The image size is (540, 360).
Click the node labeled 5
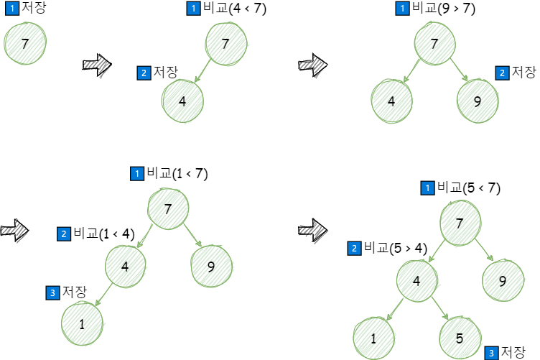(x=460, y=337)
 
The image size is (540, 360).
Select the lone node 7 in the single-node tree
(x=25, y=44)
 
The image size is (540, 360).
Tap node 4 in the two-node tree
(x=182, y=101)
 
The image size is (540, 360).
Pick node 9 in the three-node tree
(x=478, y=100)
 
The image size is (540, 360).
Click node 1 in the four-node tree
(x=82, y=324)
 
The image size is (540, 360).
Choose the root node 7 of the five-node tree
(x=460, y=222)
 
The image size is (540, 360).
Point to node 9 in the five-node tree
(x=503, y=280)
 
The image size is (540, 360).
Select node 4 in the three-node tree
(x=392, y=101)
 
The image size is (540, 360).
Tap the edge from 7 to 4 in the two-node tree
(x=205, y=73)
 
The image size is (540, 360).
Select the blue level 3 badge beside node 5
(x=491, y=353)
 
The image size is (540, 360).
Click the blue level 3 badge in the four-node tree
(x=52, y=292)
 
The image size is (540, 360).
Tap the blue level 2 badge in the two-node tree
(x=144, y=73)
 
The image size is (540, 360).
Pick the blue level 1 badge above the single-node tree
(x=12, y=8)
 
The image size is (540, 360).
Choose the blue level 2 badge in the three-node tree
(x=502, y=73)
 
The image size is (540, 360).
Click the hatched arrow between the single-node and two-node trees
(x=97, y=66)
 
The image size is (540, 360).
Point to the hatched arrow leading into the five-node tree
(x=312, y=231)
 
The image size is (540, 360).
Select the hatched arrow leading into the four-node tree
(x=14, y=231)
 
